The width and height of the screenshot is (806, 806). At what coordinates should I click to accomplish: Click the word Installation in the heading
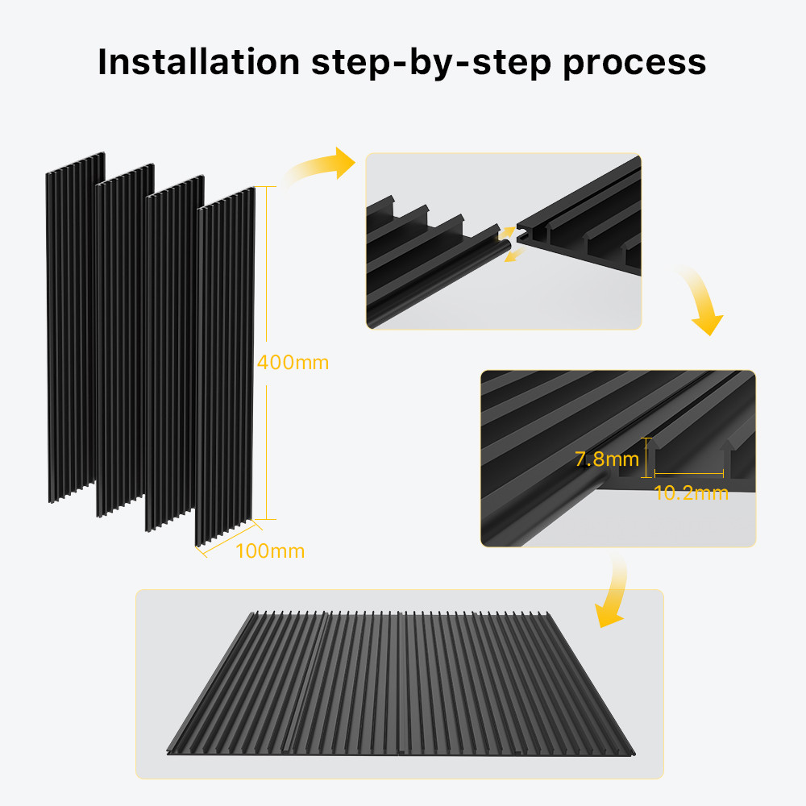tap(199, 62)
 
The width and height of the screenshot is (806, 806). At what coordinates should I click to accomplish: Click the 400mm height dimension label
tap(293, 363)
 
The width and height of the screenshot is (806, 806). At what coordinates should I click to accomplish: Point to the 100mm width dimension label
tap(270, 551)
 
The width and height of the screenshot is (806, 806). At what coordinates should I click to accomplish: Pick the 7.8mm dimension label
tap(607, 459)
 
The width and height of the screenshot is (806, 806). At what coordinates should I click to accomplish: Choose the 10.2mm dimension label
tap(691, 493)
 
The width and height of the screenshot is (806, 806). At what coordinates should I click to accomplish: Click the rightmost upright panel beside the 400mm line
tap(225, 366)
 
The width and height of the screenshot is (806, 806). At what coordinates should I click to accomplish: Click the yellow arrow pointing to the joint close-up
tap(318, 165)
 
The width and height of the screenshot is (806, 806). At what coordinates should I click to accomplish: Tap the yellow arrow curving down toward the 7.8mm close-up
tap(704, 301)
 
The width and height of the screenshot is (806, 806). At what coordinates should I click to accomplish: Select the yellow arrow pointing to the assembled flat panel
tap(616, 591)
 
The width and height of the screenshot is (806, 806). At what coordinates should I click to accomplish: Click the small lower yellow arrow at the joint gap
tap(514, 254)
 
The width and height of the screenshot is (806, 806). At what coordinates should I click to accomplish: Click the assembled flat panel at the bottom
tap(401, 683)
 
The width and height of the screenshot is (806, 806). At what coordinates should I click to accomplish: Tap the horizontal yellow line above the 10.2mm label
tap(689, 473)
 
